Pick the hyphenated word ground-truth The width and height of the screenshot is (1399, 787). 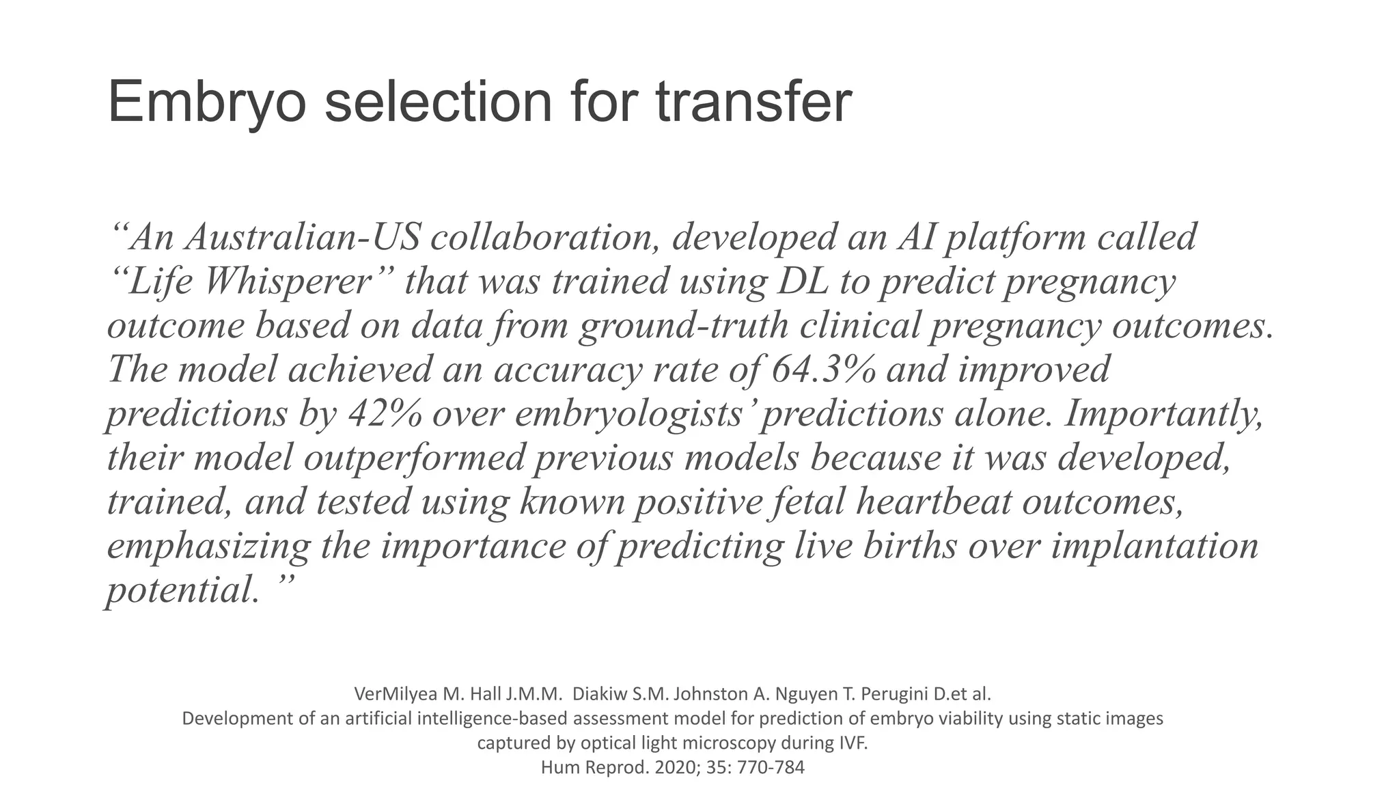(684, 325)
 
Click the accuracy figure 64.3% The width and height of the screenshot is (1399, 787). (823, 369)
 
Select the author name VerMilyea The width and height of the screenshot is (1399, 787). (396, 694)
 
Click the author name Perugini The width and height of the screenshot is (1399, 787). (894, 694)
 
